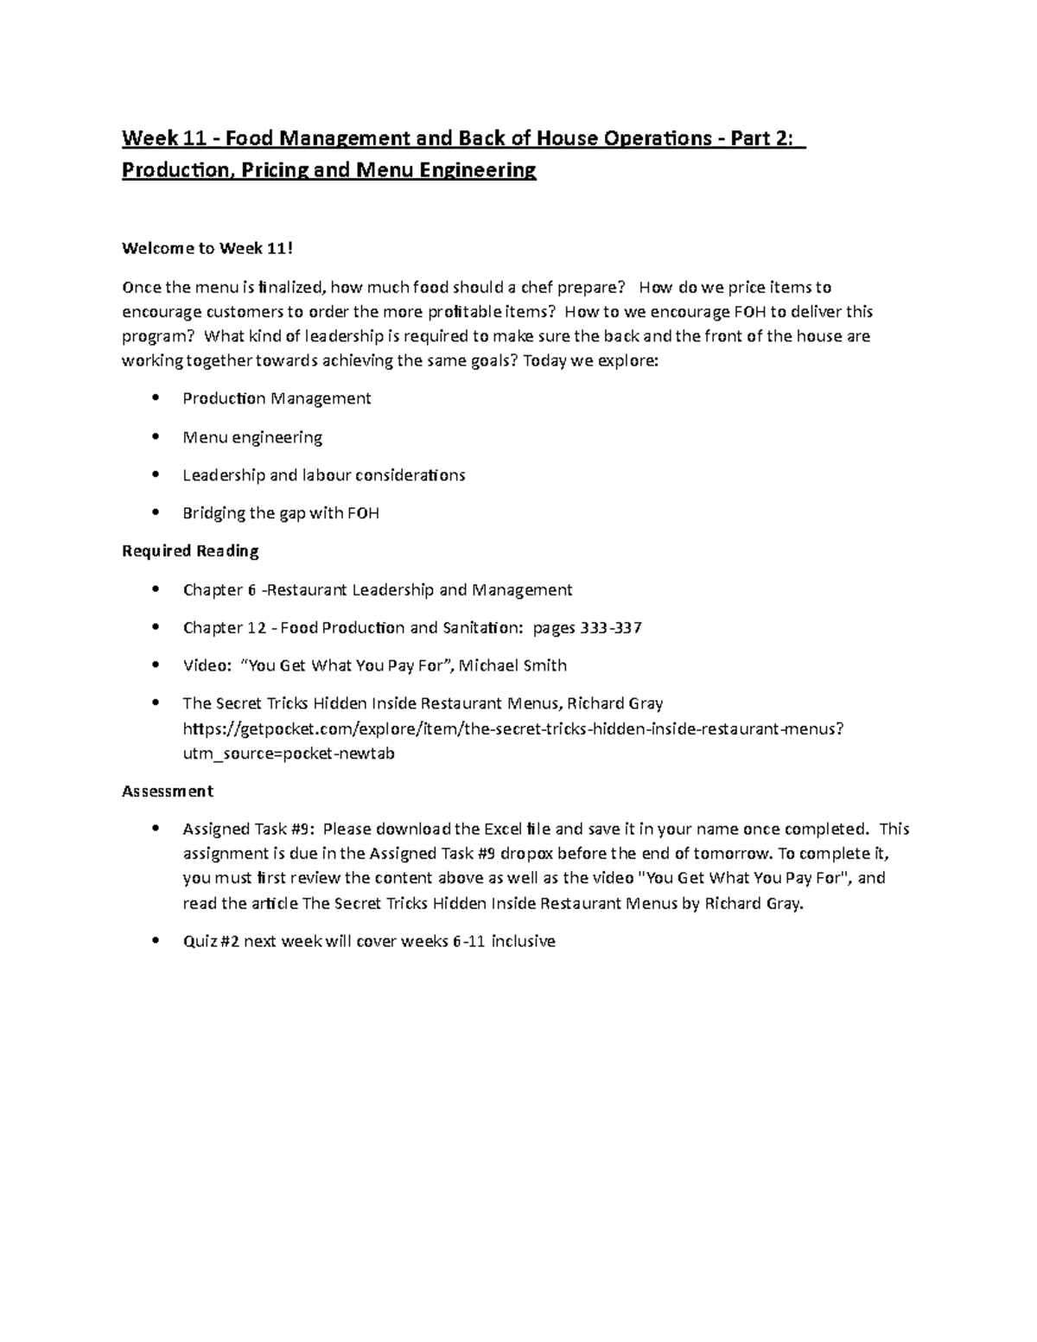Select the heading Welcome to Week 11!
click(207, 249)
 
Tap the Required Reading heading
click(190, 551)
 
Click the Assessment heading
click(168, 791)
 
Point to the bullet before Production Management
click(156, 398)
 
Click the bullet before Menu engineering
click(156, 436)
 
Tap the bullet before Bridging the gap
click(156, 513)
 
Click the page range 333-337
click(611, 628)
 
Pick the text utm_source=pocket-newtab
click(289, 754)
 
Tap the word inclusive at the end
click(523, 941)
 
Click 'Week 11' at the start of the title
click(150, 138)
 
